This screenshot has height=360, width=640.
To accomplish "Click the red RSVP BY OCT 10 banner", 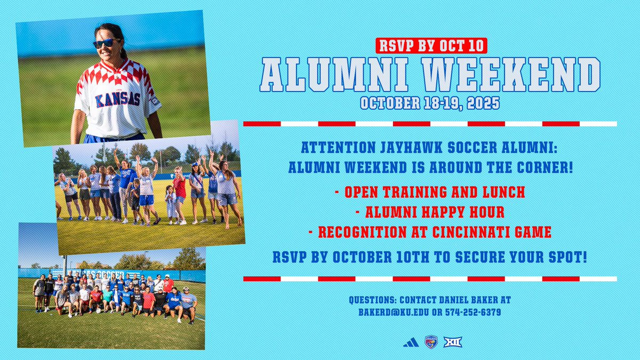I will (x=430, y=45).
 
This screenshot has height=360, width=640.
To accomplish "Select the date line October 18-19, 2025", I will (x=430, y=102).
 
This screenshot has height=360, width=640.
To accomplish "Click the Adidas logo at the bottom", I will (x=411, y=342).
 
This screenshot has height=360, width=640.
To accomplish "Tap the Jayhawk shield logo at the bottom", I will (x=431, y=342).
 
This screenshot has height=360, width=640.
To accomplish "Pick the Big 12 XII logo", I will (x=453, y=342).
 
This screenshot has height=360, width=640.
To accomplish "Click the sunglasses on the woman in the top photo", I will (x=106, y=43).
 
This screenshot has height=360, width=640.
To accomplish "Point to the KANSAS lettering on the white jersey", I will (x=117, y=99).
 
